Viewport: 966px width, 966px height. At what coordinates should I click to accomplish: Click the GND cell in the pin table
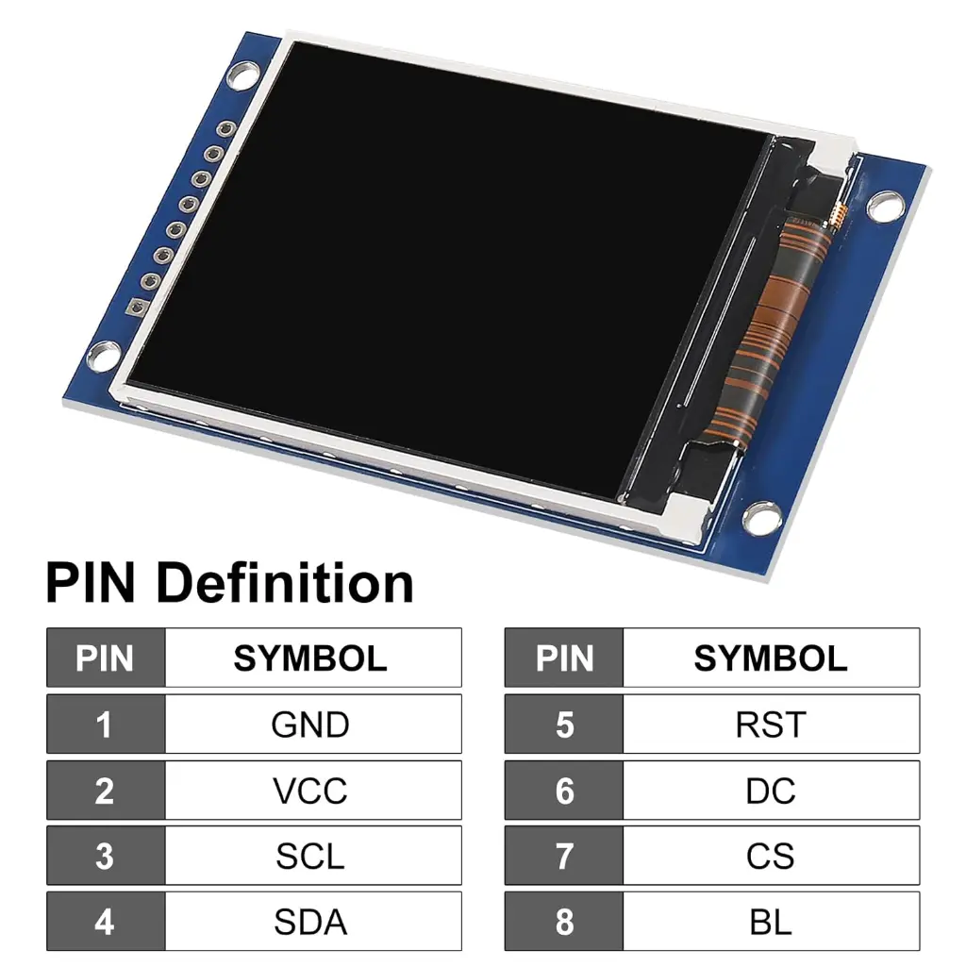coord(310,724)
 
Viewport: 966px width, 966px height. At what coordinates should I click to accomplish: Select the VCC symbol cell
coord(310,791)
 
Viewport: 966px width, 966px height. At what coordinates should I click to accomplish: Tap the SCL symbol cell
coord(310,857)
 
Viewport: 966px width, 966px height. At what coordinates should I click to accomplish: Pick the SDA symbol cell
coord(310,922)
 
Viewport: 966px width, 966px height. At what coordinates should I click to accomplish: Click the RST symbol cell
coord(771,724)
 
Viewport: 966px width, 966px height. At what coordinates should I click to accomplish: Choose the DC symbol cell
coord(771,791)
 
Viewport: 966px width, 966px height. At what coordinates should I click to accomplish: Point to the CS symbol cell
coord(771,857)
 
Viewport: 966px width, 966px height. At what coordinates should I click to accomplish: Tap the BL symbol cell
coord(771,922)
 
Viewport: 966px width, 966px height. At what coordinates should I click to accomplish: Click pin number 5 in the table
coord(564,724)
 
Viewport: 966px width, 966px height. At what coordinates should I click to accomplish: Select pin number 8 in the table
coord(564,922)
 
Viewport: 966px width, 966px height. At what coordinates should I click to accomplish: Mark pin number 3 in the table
coord(105,857)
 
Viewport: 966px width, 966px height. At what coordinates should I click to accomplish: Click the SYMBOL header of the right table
coord(771,658)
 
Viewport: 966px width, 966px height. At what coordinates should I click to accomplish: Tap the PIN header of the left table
coord(105,658)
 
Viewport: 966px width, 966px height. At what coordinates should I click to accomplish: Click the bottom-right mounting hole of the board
coord(758,517)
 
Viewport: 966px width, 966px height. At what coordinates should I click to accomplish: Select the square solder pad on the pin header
coord(138,307)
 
